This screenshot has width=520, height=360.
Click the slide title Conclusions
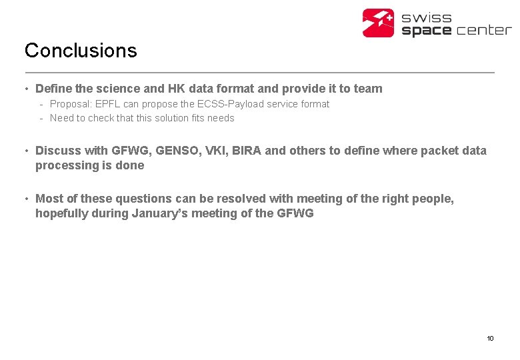[81, 51]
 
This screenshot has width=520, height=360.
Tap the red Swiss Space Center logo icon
[379, 23]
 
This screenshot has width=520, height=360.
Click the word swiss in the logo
[427, 17]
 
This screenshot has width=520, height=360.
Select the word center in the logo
[483, 30]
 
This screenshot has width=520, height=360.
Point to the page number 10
[490, 339]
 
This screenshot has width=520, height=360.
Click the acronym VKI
[214, 151]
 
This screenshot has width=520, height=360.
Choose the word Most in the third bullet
[48, 199]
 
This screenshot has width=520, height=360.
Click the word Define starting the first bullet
[53, 89]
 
